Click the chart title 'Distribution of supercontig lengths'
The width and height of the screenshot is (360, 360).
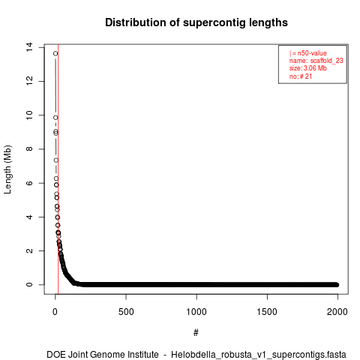[196, 22]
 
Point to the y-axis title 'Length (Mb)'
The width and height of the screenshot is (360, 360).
[7, 169]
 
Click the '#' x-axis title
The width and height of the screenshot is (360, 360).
[196, 333]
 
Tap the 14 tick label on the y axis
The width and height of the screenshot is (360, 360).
[29, 47]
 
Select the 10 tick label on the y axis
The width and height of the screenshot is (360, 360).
[29, 115]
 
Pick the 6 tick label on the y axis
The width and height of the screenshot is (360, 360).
[29, 183]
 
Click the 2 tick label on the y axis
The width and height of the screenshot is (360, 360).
[29, 250]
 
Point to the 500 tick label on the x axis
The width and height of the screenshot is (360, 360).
[126, 312]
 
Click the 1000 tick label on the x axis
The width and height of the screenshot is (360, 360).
[196, 312]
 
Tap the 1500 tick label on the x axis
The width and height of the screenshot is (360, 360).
[267, 312]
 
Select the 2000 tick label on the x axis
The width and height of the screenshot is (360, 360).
[337, 312]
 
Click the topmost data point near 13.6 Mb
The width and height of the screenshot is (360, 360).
[55, 53]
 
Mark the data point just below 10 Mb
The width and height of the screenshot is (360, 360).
[55, 118]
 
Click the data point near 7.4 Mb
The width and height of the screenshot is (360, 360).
[56, 160]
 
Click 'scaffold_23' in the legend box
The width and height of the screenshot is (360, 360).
[326, 61]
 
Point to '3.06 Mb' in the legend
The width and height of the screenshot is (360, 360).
[315, 68]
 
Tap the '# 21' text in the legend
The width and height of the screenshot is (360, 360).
[306, 76]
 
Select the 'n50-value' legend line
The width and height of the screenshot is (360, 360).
[308, 53]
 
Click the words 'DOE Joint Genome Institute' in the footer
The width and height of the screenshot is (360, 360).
[103, 355]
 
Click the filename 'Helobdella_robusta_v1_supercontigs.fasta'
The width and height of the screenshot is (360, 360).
[259, 355]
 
